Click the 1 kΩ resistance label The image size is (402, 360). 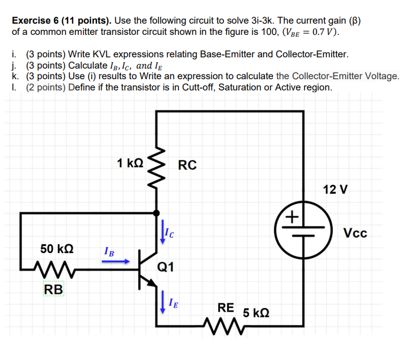click(x=129, y=163)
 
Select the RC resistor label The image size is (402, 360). click(x=187, y=165)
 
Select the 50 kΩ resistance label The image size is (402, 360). click(x=57, y=247)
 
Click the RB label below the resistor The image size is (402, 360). click(x=53, y=290)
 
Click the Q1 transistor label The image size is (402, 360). click(x=166, y=267)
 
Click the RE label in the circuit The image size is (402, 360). click(x=225, y=307)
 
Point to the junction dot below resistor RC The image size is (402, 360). click(x=157, y=212)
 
